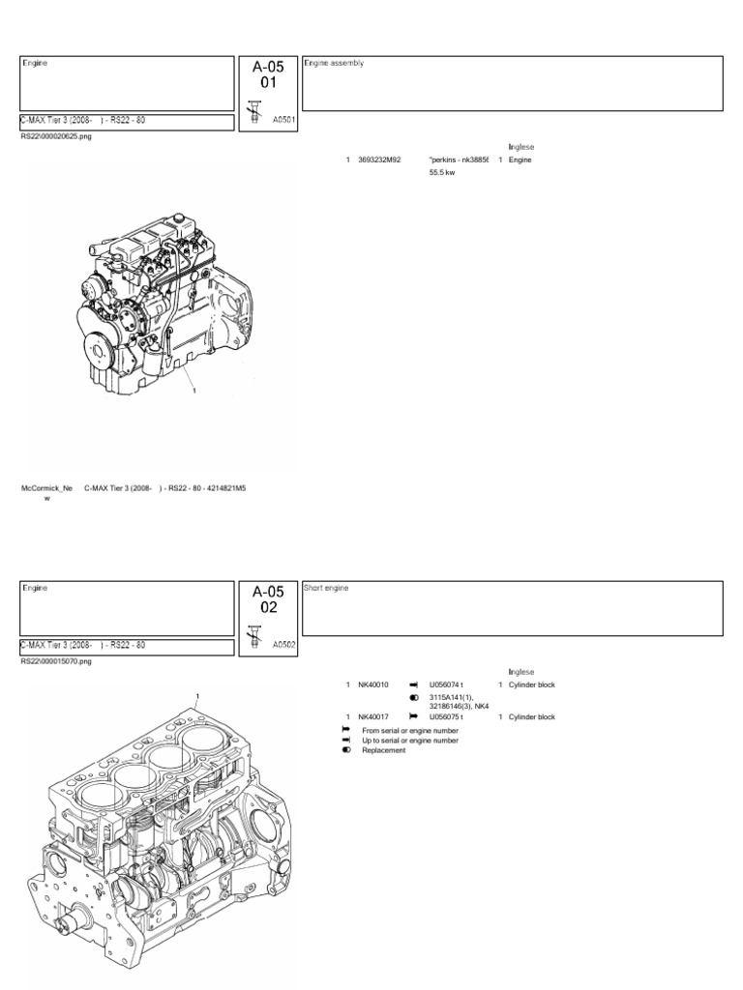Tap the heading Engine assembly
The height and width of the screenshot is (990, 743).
coord(334,63)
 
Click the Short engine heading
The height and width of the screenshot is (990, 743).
coord(327,587)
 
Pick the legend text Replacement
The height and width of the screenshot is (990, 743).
coord(384,750)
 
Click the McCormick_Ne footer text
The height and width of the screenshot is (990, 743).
coord(46,489)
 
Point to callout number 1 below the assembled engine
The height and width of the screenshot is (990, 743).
coord(194,392)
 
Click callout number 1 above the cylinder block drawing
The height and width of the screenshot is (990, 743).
coord(197,696)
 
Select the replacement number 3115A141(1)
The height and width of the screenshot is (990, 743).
coord(453,697)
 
